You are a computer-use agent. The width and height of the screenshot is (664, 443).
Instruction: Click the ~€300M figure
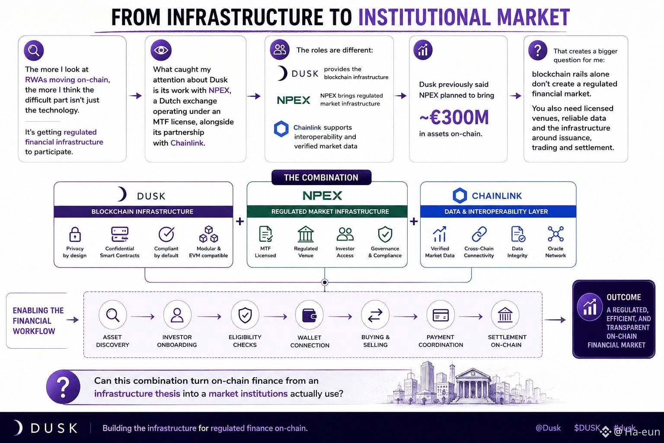pos(454,118)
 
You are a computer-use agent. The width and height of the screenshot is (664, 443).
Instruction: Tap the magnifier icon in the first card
pos(34,51)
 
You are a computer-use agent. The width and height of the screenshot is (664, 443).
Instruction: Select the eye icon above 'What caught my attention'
pos(161,50)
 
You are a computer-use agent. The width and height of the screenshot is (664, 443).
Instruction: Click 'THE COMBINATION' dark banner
pos(321,177)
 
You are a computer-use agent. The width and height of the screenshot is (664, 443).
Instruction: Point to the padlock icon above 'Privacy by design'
pos(75,234)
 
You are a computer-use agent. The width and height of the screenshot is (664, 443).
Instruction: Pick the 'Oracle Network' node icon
pos(555,234)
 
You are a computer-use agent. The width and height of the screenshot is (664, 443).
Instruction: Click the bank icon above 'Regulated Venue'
pos(306,234)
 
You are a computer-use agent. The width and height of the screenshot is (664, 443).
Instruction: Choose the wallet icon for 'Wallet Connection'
pos(309,315)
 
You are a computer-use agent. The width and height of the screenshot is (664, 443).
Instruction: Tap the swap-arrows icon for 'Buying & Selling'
pos(375,315)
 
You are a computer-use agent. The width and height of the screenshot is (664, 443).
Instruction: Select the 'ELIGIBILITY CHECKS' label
pos(245,341)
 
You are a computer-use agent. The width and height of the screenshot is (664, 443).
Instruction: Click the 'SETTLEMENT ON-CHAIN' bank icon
pos(505,315)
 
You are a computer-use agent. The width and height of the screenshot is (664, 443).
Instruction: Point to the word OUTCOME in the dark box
pos(624,297)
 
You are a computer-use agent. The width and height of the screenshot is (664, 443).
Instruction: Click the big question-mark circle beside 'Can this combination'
pos(63,387)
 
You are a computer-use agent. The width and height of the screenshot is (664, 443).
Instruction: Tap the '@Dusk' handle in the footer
pos(548,428)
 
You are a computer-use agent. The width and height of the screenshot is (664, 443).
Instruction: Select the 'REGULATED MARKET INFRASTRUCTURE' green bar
pos(327,212)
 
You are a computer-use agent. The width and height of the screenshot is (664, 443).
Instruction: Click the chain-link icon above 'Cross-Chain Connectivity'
pos(479,234)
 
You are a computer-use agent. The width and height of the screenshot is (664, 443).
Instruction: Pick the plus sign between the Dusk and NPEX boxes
pos(240,221)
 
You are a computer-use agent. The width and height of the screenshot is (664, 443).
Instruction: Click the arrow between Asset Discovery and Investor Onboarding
pos(143,317)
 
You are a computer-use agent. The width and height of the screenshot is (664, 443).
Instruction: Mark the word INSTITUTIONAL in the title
pos(424,17)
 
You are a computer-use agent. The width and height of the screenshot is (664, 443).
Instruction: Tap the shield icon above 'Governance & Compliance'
pos(385,234)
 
